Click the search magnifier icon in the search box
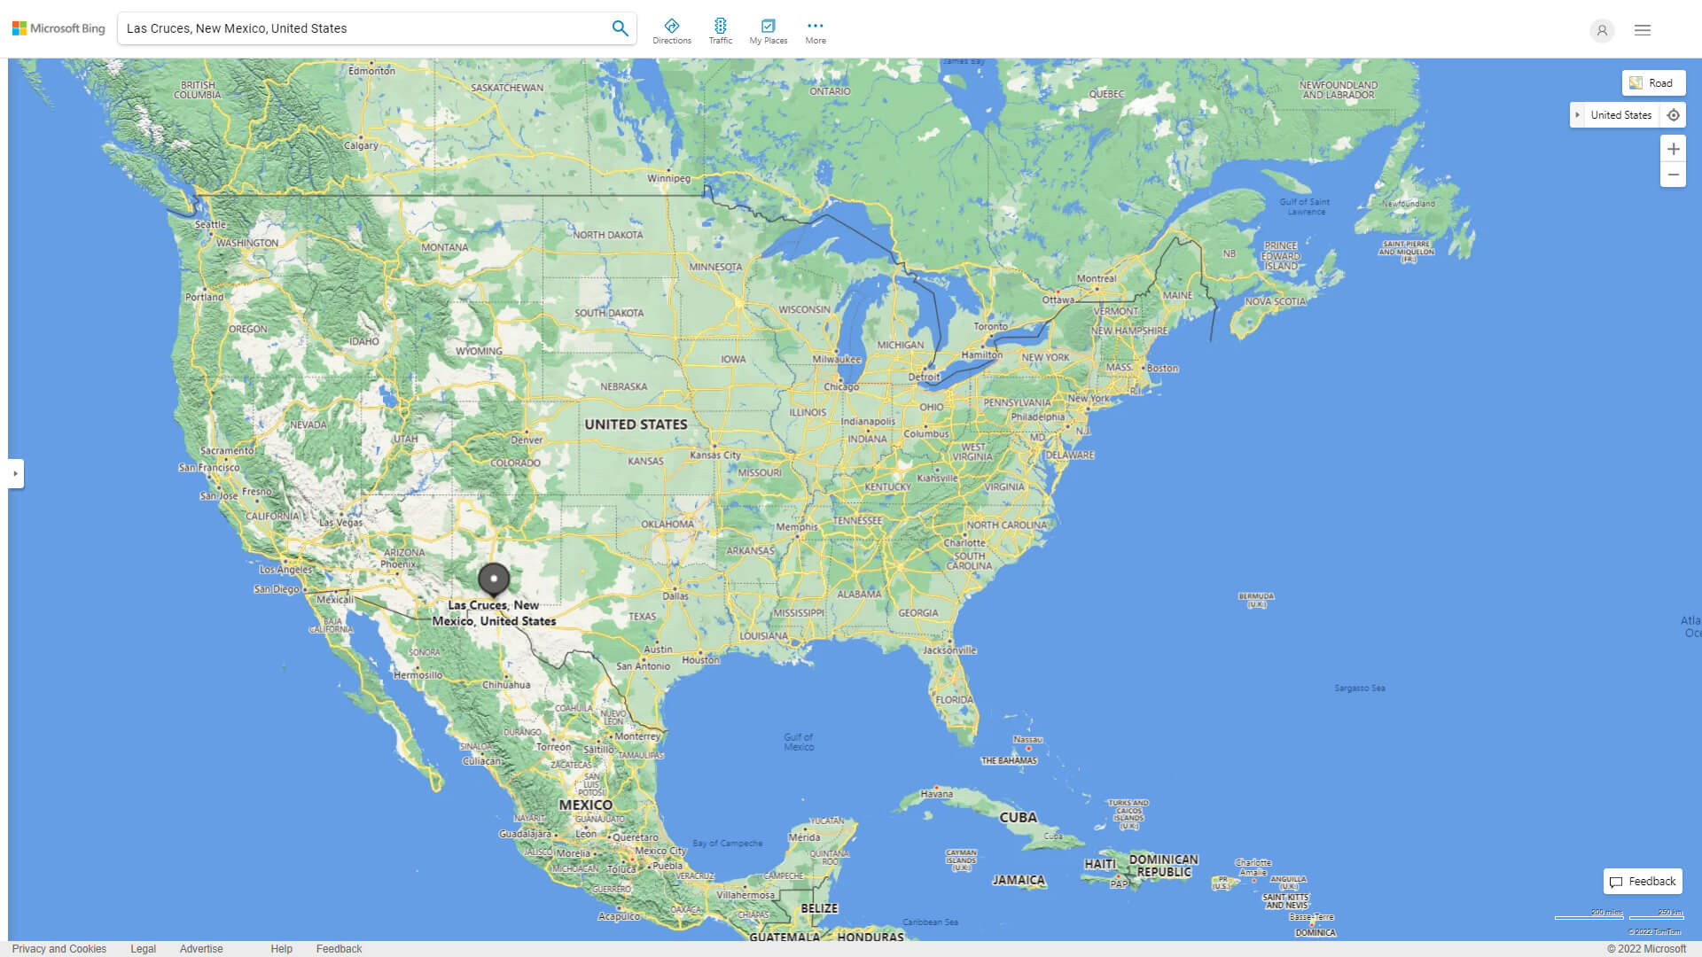[620, 28]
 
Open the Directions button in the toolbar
[672, 31]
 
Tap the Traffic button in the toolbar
[721, 31]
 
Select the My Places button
[768, 31]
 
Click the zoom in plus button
[1673, 149]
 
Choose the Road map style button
[1653, 83]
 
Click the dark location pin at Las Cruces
[494, 580]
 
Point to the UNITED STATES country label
[636, 424]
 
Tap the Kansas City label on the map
[715, 455]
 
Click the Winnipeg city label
[668, 178]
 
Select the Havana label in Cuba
[937, 794]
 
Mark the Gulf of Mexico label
[799, 742]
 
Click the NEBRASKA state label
[623, 387]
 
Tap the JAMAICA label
[1019, 880]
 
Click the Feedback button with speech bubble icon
[1643, 882]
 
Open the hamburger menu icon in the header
[1643, 30]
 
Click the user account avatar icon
[1602, 30]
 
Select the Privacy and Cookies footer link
[59, 949]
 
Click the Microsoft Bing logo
[59, 28]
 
